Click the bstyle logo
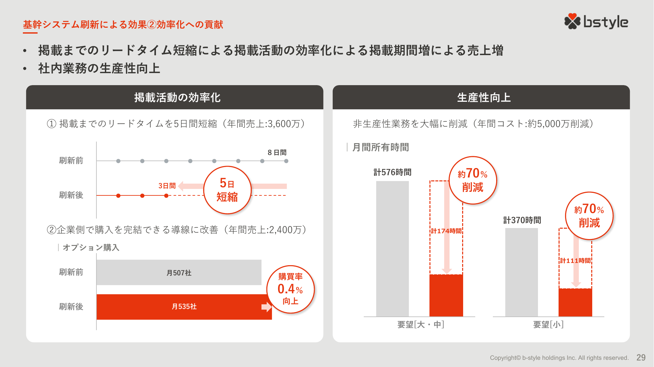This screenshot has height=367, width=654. (596, 22)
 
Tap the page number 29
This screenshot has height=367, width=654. (641, 358)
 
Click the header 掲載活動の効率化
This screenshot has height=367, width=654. (177, 98)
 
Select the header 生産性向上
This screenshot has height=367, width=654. (483, 98)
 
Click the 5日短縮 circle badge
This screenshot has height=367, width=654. (227, 190)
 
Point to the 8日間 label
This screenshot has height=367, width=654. (277, 152)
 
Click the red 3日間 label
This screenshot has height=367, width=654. (167, 186)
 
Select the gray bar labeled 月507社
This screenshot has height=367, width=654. (179, 272)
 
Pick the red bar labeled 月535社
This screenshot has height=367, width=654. (184, 307)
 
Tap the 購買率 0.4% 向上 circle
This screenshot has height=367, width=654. (290, 289)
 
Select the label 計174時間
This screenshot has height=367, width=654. (446, 231)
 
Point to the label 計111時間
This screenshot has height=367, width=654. (575, 260)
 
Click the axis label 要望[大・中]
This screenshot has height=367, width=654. (420, 325)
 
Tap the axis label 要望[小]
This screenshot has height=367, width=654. (548, 325)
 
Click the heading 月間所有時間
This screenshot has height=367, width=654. (380, 147)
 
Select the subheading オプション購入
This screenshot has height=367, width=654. (91, 248)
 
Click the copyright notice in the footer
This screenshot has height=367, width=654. (559, 358)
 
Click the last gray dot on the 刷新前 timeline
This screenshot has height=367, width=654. (286, 161)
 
